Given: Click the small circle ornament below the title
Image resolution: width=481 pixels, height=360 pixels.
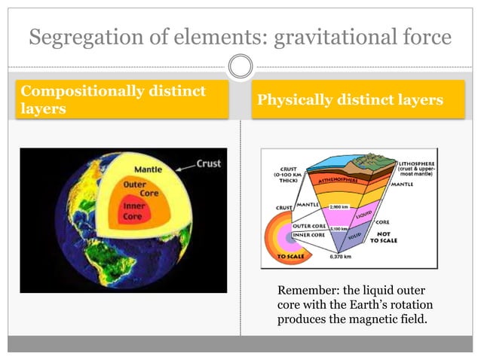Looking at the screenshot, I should pyautogui.click(x=240, y=68).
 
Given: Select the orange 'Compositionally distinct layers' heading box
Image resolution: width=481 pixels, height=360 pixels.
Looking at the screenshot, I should pyautogui.click(x=124, y=101).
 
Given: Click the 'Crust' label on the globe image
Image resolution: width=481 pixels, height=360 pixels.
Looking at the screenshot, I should pyautogui.click(x=208, y=163).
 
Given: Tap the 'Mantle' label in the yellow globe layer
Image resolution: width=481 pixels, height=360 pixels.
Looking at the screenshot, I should pyautogui.click(x=148, y=169).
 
